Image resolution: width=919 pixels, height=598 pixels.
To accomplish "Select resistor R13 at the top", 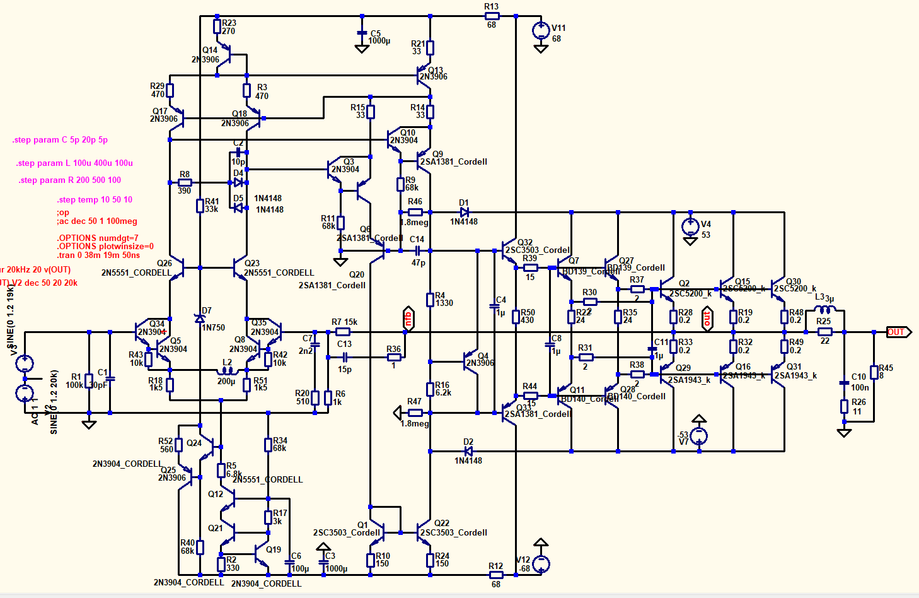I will (492, 16).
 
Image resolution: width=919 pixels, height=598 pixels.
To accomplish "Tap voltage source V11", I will (541, 30).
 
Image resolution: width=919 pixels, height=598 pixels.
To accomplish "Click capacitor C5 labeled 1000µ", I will (362, 33).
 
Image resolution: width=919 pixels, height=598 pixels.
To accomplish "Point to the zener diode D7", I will (200, 319).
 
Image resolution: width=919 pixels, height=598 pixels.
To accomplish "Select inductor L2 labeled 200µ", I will (226, 371).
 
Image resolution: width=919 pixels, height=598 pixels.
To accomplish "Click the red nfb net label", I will (408, 319).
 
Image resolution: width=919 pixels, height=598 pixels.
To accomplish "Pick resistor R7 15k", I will (342, 331).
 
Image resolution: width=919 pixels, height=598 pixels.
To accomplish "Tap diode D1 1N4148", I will (464, 212).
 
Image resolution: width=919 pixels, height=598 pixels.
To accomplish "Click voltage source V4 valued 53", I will (691, 226).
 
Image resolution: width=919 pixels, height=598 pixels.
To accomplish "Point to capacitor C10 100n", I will (844, 382).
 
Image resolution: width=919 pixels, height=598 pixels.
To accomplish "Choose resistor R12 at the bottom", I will (496, 575).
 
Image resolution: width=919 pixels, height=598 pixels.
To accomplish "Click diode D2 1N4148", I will (468, 451).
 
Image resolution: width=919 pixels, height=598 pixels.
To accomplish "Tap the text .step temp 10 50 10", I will (95, 200).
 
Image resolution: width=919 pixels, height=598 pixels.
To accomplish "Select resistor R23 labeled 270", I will (217, 26).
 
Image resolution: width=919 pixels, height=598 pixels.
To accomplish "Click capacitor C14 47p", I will (417, 250).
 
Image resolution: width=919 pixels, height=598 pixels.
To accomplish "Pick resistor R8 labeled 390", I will (185, 182).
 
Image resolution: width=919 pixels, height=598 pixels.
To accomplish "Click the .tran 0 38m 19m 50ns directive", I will (98, 255).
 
